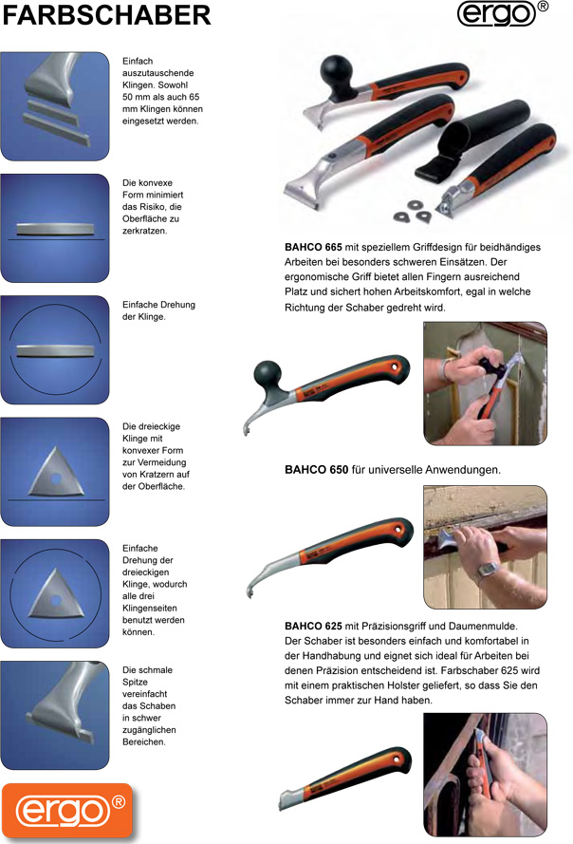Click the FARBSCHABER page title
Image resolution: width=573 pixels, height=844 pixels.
pyautogui.click(x=106, y=15)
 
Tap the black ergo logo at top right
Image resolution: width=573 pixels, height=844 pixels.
pyautogui.click(x=503, y=13)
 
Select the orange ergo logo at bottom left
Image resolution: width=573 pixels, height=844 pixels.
pyautogui.click(x=67, y=810)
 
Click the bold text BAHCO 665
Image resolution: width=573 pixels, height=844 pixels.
pyautogui.click(x=313, y=248)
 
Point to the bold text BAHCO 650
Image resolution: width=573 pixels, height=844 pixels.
pyautogui.click(x=316, y=470)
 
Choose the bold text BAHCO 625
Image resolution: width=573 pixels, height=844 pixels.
pyautogui.click(x=313, y=627)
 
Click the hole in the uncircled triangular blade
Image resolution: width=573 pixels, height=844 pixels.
pyautogui.click(x=55, y=478)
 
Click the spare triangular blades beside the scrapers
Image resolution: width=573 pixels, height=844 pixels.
pyautogui.click(x=414, y=212)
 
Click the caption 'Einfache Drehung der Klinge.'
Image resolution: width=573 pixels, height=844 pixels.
pyautogui.click(x=158, y=310)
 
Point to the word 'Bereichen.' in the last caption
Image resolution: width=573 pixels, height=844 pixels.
pyautogui.click(x=143, y=741)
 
